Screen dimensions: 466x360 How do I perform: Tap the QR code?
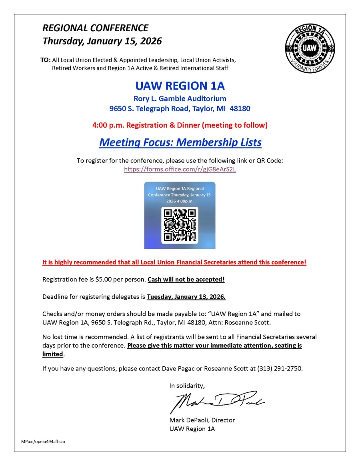coord(180,225)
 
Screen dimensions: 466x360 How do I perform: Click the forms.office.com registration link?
coord(180,169)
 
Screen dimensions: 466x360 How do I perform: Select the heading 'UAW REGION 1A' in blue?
coord(180,86)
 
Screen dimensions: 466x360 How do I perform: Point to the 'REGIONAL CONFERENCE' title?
coord(95,28)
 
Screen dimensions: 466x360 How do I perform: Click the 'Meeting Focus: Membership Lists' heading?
coord(180,142)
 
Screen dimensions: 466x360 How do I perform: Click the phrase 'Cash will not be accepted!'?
coord(186,280)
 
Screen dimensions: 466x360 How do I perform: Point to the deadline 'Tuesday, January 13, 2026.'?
coord(186,297)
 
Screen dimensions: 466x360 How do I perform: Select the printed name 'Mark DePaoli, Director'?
coord(202,420)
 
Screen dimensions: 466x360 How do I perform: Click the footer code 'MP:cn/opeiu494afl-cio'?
coord(43,441)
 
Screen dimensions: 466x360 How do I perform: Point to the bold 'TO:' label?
coord(45,60)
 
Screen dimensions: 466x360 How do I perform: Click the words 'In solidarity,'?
coord(187,386)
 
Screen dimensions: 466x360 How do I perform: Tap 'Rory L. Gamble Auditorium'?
coord(180,98)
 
